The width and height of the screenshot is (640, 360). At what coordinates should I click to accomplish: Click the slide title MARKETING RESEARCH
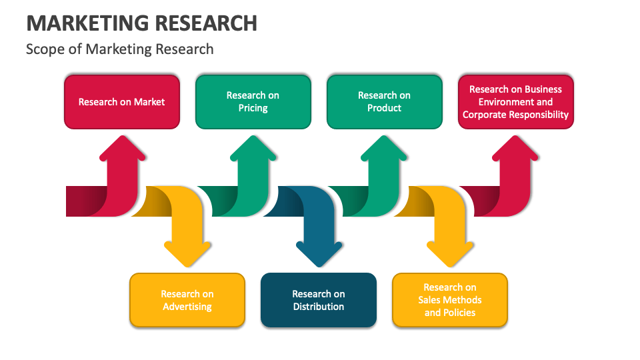[x=141, y=23]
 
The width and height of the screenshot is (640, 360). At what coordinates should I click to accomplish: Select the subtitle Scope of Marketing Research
[x=120, y=49]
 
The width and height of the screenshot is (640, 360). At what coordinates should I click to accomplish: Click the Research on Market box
[x=121, y=102]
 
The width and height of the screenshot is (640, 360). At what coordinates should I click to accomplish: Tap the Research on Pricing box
[x=253, y=102]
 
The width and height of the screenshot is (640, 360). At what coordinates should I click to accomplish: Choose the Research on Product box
[x=384, y=102]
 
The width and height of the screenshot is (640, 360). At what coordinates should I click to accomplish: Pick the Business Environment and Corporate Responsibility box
[x=515, y=102]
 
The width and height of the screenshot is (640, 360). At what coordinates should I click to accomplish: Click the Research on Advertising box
[x=187, y=300]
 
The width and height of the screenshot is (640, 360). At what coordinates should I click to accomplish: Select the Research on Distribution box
[x=318, y=300]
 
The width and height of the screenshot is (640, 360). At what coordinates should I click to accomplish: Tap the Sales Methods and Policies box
[x=450, y=300]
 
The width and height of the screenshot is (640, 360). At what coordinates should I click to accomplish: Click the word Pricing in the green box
[x=253, y=108]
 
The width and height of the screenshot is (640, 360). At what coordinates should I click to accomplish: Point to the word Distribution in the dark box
[x=318, y=307]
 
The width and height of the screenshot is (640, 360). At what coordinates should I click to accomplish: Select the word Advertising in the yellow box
[x=187, y=307]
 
